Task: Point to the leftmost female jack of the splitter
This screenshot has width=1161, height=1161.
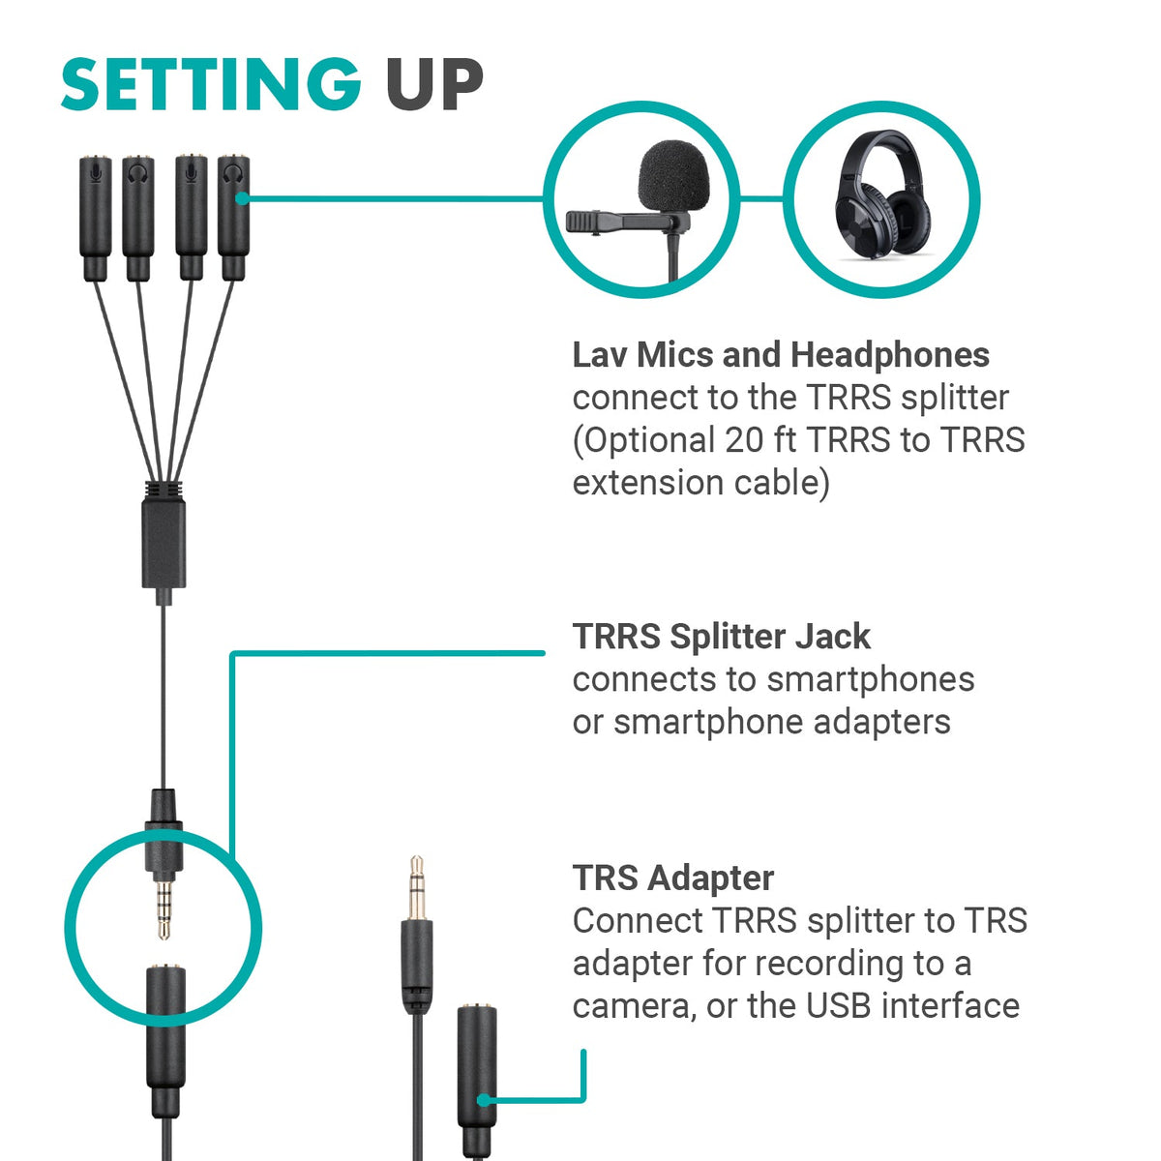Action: (96, 208)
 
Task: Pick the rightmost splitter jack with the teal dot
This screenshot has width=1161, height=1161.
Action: (232, 208)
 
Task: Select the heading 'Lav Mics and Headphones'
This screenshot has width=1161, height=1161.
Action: (780, 355)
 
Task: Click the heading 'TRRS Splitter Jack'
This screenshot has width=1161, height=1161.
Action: (721, 637)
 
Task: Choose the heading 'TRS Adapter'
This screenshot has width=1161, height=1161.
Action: (672, 878)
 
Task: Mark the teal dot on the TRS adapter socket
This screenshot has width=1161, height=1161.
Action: (481, 1099)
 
